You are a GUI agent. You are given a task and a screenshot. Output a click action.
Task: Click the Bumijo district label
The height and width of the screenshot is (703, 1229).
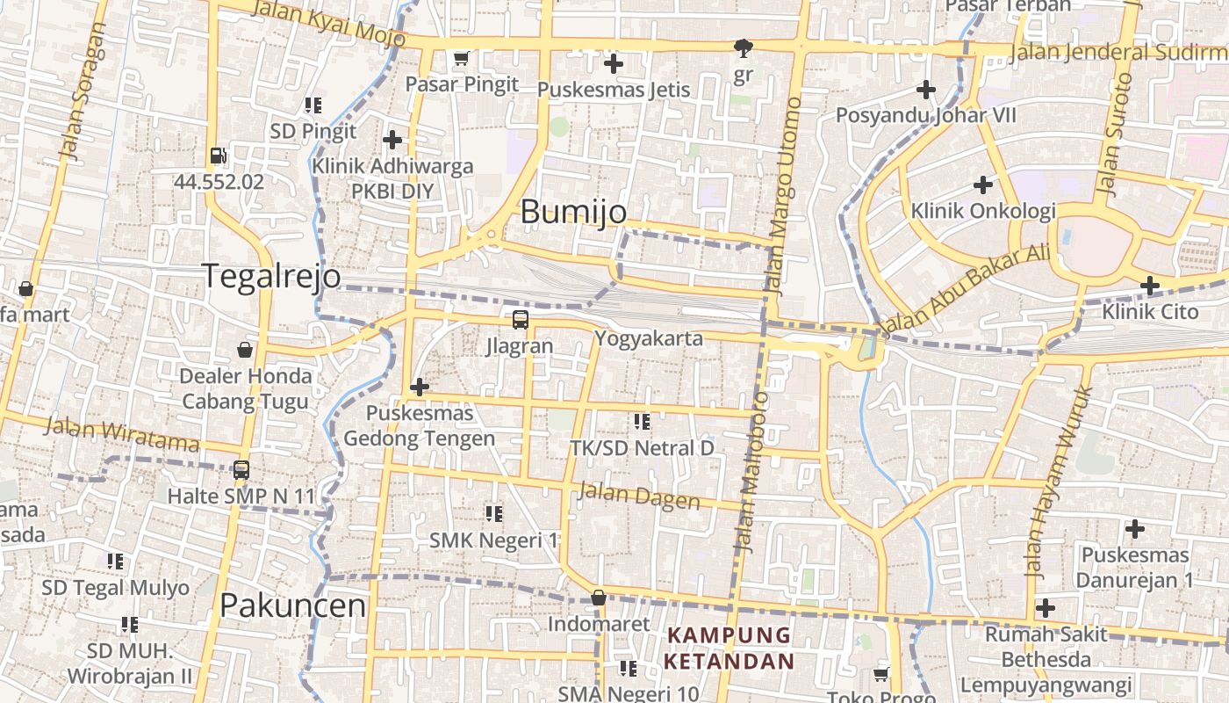(x=573, y=212)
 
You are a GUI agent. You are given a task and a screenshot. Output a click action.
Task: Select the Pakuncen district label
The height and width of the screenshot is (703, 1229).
(x=292, y=605)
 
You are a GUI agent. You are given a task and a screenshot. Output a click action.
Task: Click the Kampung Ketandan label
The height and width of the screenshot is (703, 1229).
(x=729, y=648)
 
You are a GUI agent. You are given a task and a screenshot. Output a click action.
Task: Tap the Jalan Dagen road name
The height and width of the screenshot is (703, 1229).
(x=638, y=496)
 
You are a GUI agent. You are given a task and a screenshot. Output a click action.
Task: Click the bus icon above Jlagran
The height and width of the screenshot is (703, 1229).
(x=521, y=319)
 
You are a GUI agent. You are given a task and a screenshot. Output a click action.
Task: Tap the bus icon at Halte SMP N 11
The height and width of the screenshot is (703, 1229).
(x=241, y=470)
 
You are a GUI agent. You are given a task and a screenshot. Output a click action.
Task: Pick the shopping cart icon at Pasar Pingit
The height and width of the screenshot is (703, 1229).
(x=461, y=59)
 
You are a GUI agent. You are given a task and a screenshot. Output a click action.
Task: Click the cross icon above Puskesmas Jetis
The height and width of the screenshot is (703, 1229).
(x=614, y=63)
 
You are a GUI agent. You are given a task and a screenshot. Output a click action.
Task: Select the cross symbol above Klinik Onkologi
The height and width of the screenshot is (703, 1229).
(x=983, y=185)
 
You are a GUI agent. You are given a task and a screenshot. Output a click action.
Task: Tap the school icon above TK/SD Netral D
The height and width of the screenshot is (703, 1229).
(x=642, y=422)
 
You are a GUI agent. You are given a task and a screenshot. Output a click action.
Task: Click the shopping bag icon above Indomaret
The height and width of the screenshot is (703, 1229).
(x=599, y=598)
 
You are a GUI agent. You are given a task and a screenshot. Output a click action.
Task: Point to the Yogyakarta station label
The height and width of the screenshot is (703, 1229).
(x=649, y=338)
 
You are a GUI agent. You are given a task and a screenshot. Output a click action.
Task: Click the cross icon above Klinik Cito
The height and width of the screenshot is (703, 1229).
(x=1150, y=286)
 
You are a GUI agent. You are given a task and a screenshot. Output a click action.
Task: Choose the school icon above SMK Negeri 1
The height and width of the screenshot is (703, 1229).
(x=493, y=513)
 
